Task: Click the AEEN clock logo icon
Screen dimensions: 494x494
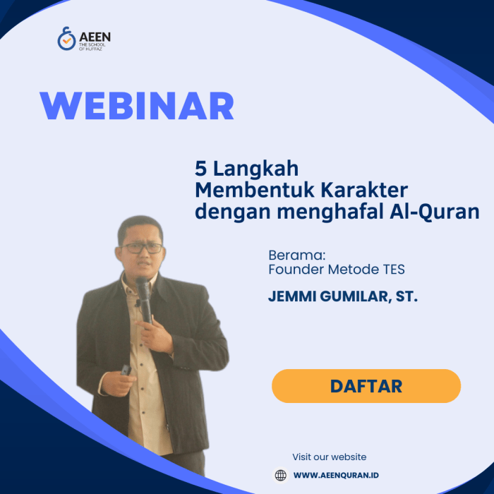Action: click(x=66, y=39)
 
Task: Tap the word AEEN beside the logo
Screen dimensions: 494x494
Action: click(x=95, y=37)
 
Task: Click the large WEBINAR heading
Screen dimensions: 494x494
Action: click(x=137, y=106)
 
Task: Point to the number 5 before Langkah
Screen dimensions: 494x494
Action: click(x=200, y=168)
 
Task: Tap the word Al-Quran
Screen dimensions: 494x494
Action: click(x=435, y=212)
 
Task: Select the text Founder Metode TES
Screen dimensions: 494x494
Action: click(x=337, y=270)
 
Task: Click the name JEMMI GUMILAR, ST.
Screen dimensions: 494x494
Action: click(x=343, y=296)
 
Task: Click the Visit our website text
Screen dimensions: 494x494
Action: click(x=330, y=457)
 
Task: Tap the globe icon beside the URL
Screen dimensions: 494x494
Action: click(x=280, y=475)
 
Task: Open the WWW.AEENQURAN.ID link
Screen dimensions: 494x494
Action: click(x=336, y=476)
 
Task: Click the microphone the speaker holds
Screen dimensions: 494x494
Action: click(x=144, y=299)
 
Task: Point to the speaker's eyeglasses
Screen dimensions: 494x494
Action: click(x=142, y=248)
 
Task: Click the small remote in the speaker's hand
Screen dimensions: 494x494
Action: click(x=126, y=370)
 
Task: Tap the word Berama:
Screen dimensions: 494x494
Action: click(x=296, y=255)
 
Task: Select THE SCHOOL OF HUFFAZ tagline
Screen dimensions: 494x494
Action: click(x=92, y=47)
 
